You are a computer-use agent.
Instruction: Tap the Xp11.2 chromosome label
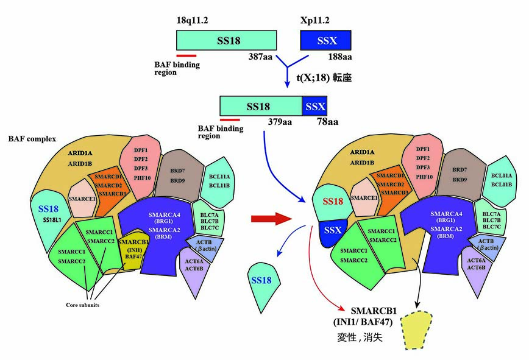[x=316, y=19]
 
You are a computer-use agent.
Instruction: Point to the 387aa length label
[x=261, y=58]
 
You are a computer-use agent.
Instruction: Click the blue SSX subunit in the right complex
[x=333, y=231]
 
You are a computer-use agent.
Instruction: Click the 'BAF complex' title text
[x=32, y=139]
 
